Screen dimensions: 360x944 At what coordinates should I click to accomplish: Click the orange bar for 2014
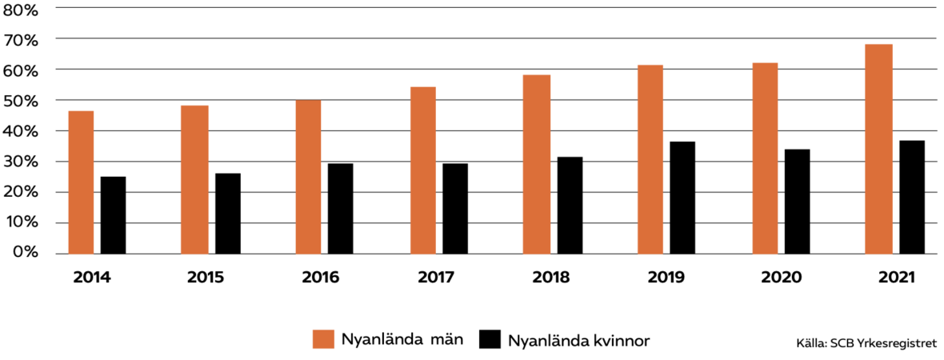(81, 182)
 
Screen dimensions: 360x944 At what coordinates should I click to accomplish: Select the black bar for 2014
(113, 215)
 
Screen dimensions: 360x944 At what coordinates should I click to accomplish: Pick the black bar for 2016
(340, 209)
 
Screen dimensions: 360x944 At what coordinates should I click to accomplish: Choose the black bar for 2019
(682, 198)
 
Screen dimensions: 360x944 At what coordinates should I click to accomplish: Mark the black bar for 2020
(797, 202)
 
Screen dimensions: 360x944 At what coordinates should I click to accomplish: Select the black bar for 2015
(227, 214)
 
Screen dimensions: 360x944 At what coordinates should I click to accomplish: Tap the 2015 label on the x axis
(206, 278)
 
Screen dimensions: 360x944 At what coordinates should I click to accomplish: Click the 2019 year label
(666, 278)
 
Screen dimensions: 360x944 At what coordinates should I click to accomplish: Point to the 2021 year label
(896, 278)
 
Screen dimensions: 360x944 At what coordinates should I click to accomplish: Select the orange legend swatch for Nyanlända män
(322, 338)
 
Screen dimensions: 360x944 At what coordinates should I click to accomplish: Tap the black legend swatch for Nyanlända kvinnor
(488, 338)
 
